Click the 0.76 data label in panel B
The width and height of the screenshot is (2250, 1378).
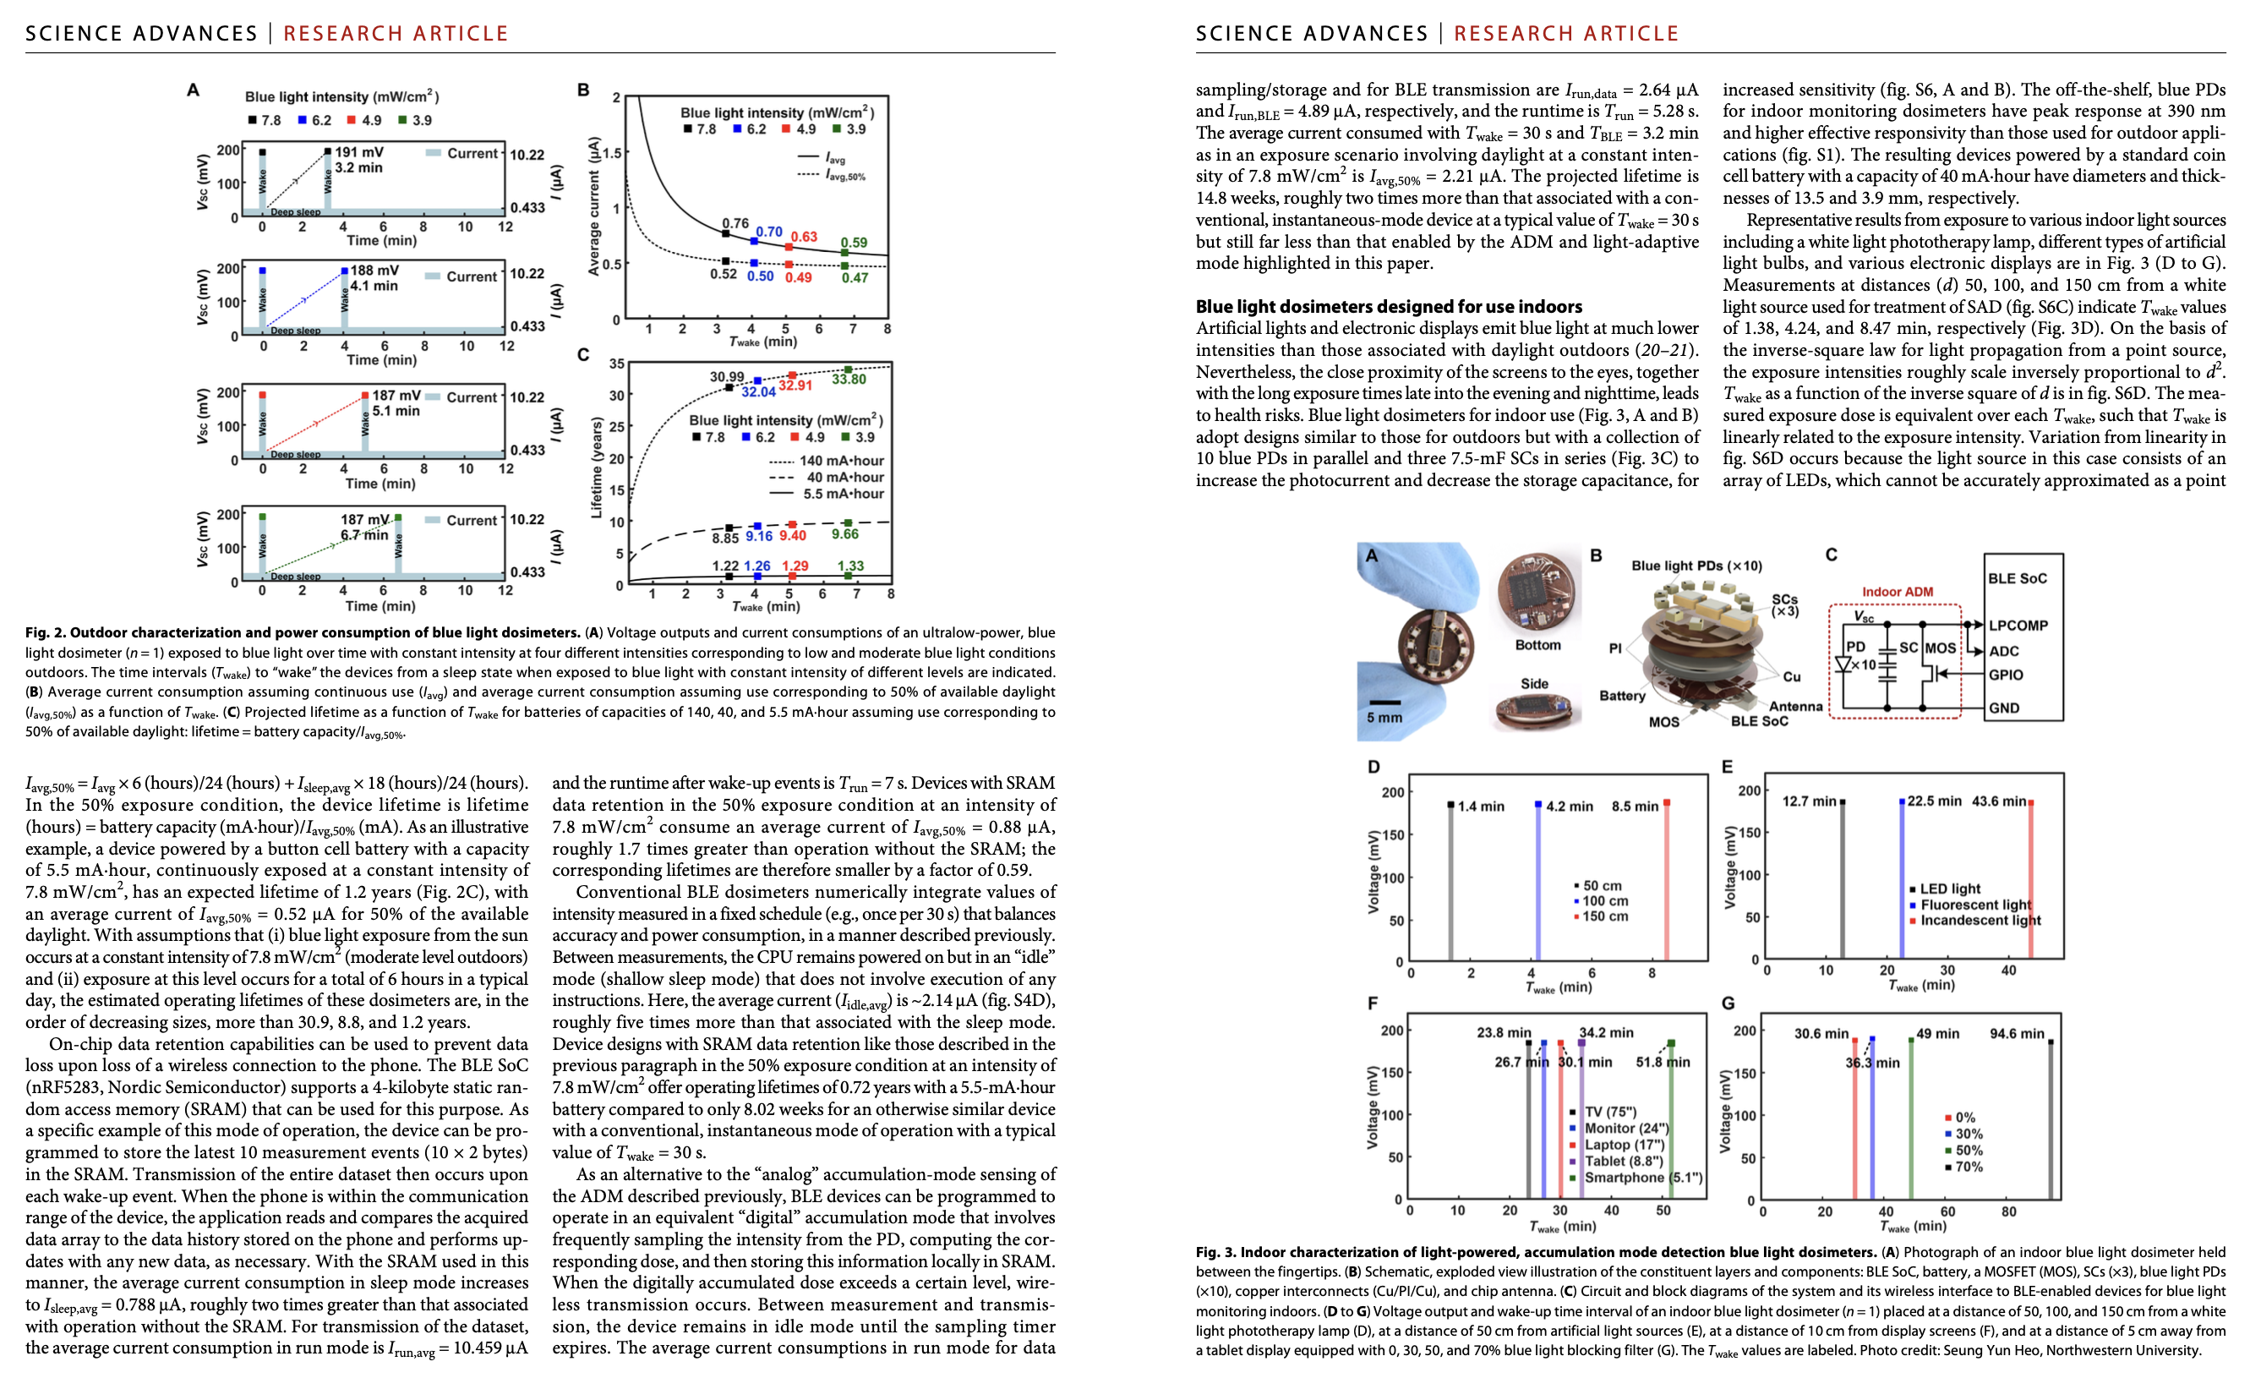[735, 223]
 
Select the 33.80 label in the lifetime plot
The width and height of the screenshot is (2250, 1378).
[849, 379]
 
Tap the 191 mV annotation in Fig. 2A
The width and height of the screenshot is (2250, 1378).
[359, 152]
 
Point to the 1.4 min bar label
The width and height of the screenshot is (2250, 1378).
[1480, 807]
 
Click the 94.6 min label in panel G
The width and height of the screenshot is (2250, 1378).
[2016, 1034]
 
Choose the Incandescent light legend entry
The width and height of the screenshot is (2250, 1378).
[1980, 921]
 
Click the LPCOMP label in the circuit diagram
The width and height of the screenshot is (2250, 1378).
[2018, 626]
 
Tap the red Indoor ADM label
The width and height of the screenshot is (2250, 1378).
[1897, 592]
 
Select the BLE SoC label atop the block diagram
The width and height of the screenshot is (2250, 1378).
[2018, 579]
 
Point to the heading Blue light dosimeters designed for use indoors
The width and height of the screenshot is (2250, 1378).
[1388, 307]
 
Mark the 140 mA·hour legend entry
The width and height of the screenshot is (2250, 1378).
[841, 461]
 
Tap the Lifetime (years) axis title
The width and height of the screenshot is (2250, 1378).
[596, 468]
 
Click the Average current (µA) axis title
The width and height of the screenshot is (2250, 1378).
[593, 205]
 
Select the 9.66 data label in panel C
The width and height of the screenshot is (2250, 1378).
[844, 534]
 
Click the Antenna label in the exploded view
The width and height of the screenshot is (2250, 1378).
[1795, 706]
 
